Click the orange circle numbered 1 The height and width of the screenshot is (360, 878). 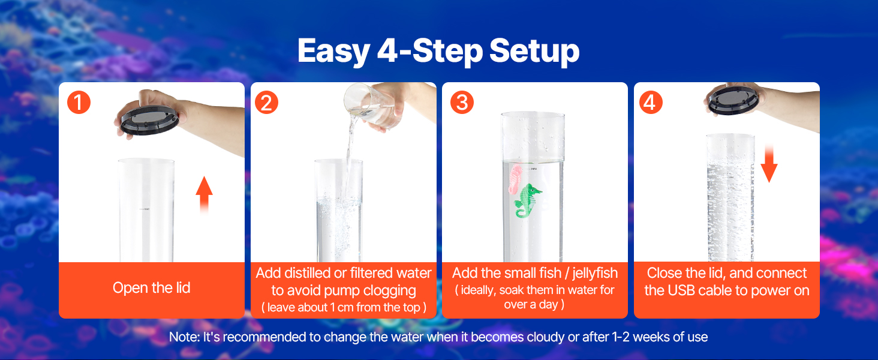coord(79,103)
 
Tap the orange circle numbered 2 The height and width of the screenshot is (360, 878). coord(266,103)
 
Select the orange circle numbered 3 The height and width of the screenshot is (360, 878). coord(462,103)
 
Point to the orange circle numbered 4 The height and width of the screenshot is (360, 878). coord(651,103)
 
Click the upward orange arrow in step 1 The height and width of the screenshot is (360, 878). coord(205,195)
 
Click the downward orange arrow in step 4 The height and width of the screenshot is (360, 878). coord(769,164)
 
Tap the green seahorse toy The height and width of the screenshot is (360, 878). coord(527,200)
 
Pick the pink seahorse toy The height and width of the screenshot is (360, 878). coord(515,179)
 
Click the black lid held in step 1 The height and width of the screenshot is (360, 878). coord(149,119)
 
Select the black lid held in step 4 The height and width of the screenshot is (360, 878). coord(733,100)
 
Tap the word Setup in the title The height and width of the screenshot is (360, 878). coord(534,52)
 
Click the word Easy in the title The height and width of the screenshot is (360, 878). coord(333,52)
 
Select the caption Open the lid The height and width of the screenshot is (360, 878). coord(152,288)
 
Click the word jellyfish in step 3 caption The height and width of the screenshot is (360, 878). coord(595,274)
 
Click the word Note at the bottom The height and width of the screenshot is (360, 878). coord(185,337)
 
